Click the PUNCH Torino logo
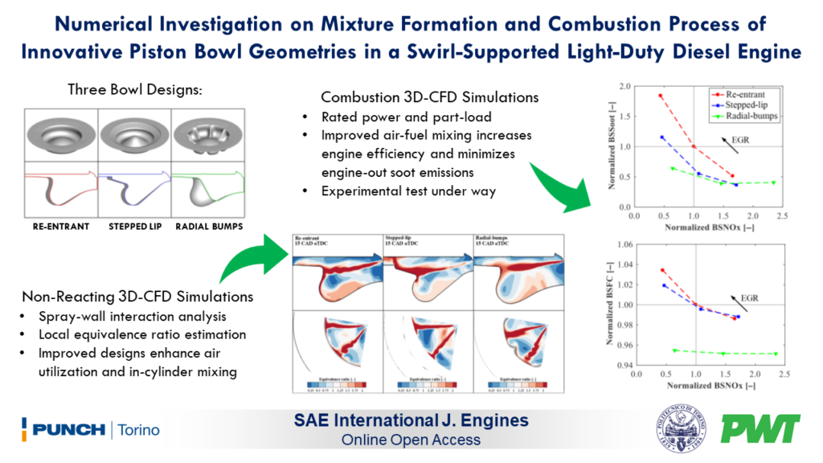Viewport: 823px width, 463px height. pos(91,429)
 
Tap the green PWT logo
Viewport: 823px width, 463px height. pos(760,429)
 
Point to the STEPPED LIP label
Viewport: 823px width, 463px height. pos(134,227)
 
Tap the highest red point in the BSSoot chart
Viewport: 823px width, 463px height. pos(661,96)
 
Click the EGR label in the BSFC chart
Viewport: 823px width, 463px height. pos(749,297)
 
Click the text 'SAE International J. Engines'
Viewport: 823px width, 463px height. pos(411,421)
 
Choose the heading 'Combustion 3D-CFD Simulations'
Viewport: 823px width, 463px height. pos(418,97)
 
